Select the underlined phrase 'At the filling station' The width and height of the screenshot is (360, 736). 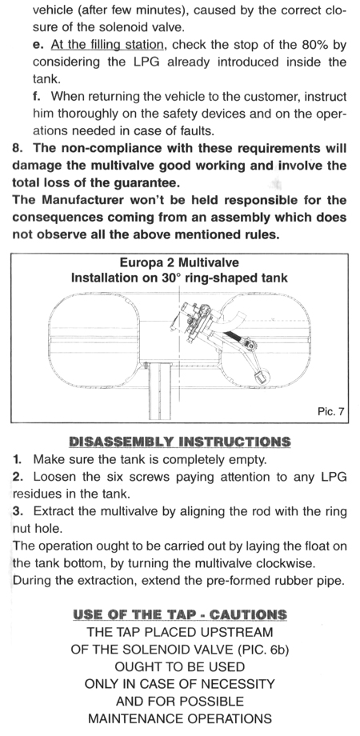click(x=107, y=45)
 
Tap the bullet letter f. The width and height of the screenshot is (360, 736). click(x=37, y=96)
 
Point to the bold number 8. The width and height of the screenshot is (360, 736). click(x=18, y=148)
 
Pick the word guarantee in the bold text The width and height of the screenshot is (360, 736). click(x=150, y=182)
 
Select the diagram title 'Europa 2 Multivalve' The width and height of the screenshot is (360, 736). click(x=179, y=263)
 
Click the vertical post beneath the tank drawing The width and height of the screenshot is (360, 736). click(x=159, y=390)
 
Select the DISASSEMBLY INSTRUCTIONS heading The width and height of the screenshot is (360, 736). click(x=180, y=442)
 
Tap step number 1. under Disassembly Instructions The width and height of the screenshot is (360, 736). click(x=18, y=459)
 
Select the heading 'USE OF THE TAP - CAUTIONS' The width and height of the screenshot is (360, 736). click(x=180, y=615)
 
